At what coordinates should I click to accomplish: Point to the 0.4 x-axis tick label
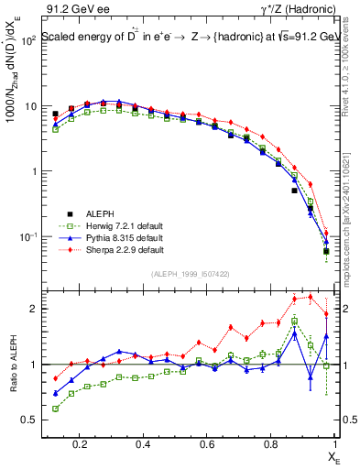(143, 445)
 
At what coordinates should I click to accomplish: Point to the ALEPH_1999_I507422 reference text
(191, 274)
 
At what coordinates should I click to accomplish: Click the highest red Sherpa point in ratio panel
(310, 297)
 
